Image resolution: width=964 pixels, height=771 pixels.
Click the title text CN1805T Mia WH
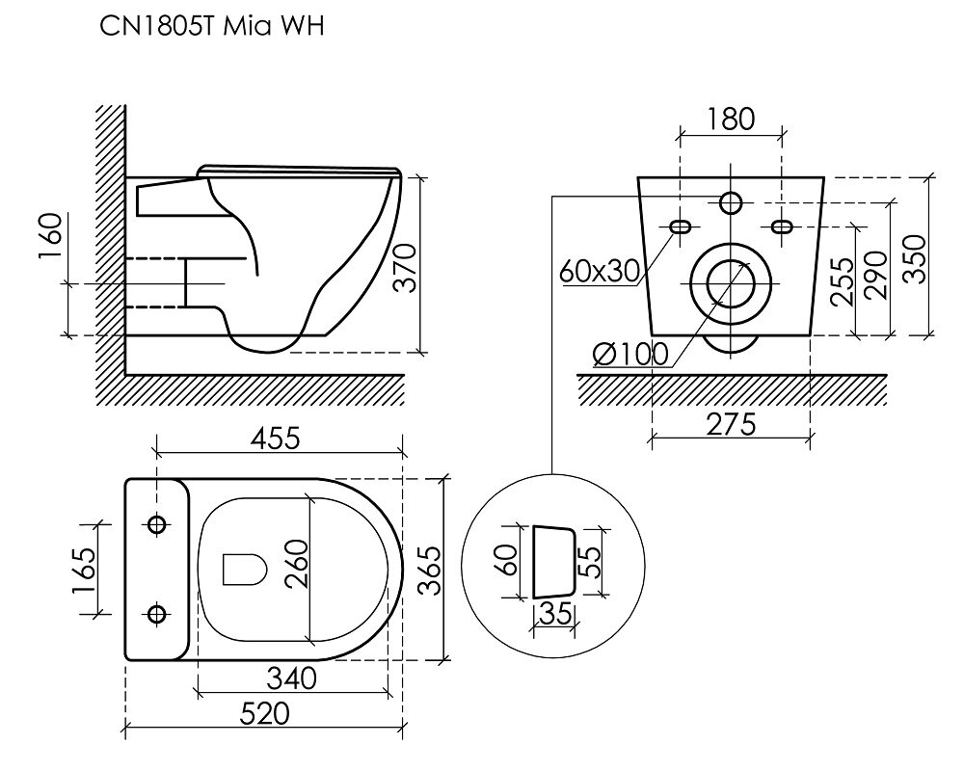click(211, 27)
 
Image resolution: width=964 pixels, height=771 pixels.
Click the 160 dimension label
click(50, 236)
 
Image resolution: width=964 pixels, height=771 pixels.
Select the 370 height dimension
click(405, 268)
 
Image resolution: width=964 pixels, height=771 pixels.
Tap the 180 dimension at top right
click(731, 120)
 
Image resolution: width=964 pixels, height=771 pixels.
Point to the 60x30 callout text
click(600, 271)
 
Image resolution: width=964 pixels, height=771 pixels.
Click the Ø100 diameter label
click(630, 354)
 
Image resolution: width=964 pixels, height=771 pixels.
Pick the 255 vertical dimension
click(843, 281)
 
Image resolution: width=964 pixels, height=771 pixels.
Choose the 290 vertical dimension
click(875, 275)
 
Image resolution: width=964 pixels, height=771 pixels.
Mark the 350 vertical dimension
click(914, 258)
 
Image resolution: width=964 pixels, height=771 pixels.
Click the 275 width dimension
click(731, 424)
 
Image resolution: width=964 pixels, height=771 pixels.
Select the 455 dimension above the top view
click(276, 439)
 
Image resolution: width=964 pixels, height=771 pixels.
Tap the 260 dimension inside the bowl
click(296, 564)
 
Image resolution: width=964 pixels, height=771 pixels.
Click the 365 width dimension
click(429, 570)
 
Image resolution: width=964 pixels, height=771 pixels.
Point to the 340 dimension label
click(291, 678)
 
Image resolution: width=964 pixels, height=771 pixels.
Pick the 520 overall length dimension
click(264, 714)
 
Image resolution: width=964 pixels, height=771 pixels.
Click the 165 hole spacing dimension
click(84, 570)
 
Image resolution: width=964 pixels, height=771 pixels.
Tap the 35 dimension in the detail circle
click(555, 613)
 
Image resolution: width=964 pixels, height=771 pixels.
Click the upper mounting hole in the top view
click(157, 524)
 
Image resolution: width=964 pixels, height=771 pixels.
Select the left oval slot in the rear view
click(680, 226)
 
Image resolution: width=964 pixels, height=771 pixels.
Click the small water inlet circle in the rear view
click(731, 201)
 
